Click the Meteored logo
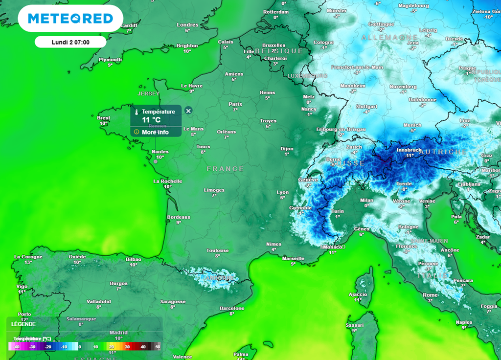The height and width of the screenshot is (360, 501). tap(70, 19)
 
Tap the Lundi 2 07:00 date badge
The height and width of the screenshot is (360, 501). tap(70, 42)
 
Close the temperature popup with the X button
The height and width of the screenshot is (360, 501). tap(188, 111)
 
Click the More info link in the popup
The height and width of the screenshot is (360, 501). tap(155, 132)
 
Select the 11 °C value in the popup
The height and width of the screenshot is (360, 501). tap(152, 120)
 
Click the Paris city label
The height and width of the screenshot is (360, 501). tap(235, 104)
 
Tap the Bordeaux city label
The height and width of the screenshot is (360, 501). tap(179, 217)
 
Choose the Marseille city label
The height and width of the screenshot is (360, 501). tap(294, 258)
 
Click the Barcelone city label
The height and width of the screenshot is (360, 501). tap(232, 308)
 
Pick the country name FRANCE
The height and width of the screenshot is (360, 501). tap(225, 169)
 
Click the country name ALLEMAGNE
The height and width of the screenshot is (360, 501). tap(389, 38)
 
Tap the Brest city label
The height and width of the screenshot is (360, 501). tap(103, 118)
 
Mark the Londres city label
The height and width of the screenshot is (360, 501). tap(187, 25)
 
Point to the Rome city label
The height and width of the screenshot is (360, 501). tap(430, 295)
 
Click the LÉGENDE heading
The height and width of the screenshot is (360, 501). tap(23, 324)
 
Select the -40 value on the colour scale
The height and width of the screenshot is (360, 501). tap(17, 347)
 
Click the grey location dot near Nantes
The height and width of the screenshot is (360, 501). tap(156, 160)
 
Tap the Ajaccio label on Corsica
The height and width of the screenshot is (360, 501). tap(357, 294)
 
